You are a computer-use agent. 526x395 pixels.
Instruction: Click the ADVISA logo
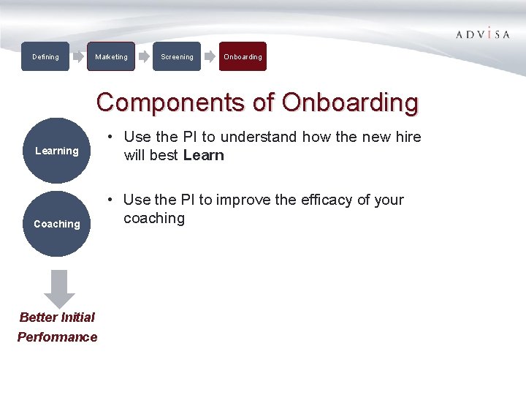pyautogui.click(x=483, y=34)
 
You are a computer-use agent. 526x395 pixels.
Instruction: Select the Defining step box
pyautogui.click(x=45, y=56)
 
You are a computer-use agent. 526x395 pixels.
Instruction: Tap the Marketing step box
pyautogui.click(x=111, y=56)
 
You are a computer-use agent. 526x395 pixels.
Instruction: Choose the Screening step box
pyautogui.click(x=177, y=56)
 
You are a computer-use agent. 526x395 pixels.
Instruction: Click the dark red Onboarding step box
pyautogui.click(x=243, y=56)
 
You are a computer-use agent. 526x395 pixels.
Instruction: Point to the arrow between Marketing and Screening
pyautogui.click(x=144, y=56)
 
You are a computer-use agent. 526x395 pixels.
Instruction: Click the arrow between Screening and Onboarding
pyautogui.click(x=210, y=56)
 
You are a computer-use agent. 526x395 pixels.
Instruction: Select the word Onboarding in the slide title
pyautogui.click(x=350, y=102)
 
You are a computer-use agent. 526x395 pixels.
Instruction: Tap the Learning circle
pyautogui.click(x=56, y=151)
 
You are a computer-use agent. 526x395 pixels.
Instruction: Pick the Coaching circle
pyautogui.click(x=56, y=224)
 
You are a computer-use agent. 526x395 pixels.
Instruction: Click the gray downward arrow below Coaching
pyautogui.click(x=59, y=289)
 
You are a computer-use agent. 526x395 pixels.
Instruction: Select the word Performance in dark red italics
pyautogui.click(x=57, y=337)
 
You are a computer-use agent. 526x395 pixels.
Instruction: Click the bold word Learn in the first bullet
pyautogui.click(x=204, y=155)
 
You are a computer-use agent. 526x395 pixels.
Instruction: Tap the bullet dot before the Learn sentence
pyautogui.click(x=109, y=137)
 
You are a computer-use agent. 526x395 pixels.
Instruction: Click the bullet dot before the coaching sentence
pyautogui.click(x=109, y=200)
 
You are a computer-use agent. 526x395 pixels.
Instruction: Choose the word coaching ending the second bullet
pyautogui.click(x=154, y=218)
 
